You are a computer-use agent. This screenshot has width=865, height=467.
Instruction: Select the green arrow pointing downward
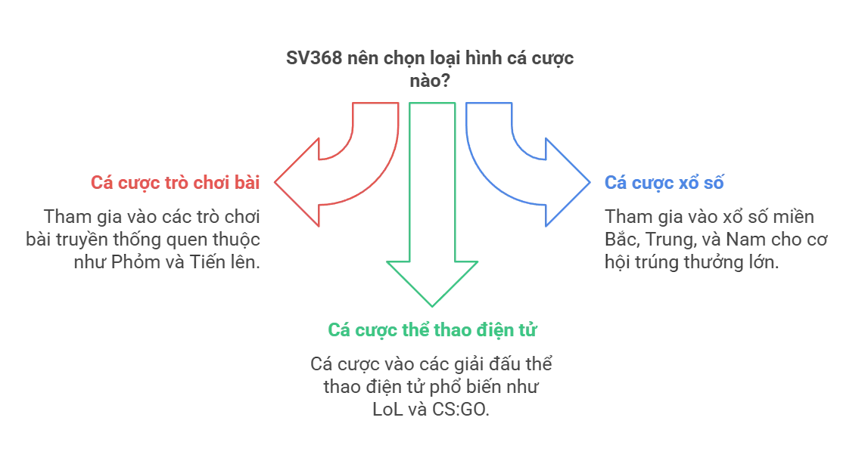click(x=432, y=204)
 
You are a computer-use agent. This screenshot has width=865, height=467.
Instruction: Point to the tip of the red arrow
click(x=275, y=181)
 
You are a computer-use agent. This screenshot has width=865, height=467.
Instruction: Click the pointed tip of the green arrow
click(x=432, y=305)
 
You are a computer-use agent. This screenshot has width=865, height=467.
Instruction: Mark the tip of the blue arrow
click(x=590, y=181)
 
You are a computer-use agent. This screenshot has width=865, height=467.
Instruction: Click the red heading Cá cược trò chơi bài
click(x=175, y=182)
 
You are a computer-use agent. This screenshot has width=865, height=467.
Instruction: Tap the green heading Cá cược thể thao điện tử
click(x=432, y=329)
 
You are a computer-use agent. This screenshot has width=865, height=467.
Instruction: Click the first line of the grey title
click(x=430, y=57)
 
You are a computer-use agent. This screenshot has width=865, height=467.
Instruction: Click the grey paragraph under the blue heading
click(x=715, y=240)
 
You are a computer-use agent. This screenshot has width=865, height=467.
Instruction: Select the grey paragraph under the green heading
click(x=432, y=387)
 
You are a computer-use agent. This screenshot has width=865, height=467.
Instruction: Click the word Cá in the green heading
click(x=337, y=329)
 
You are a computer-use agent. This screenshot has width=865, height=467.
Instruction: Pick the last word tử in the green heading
click(x=527, y=329)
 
